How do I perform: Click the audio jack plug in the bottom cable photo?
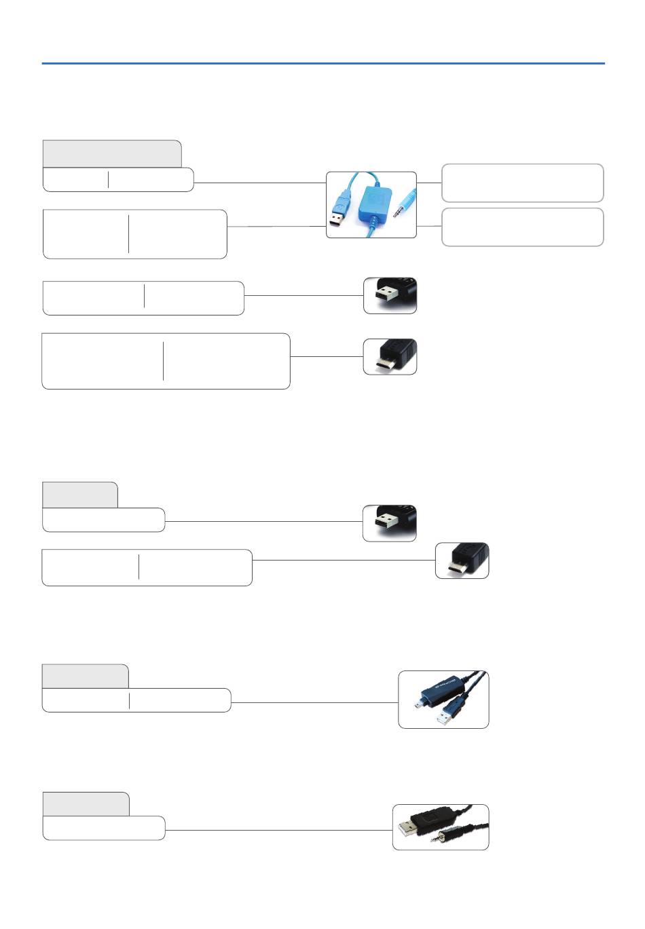[438, 837]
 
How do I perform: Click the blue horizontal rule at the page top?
[323, 64]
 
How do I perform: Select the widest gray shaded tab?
[112, 153]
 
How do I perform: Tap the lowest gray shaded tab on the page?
[86, 803]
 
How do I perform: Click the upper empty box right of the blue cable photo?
[522, 183]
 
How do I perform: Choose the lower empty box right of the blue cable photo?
[522, 227]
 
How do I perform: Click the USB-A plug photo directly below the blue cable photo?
[390, 295]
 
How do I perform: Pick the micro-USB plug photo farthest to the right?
[462, 560]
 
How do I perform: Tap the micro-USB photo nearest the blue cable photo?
[390, 357]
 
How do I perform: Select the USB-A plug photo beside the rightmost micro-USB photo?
[390, 523]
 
